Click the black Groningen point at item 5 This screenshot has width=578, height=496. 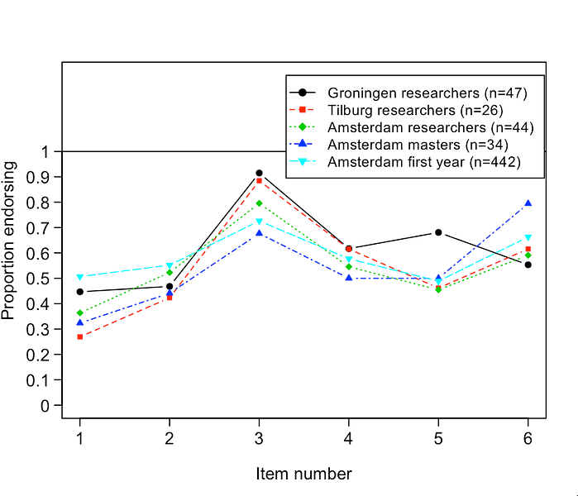(x=438, y=232)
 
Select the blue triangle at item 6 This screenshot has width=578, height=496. (x=528, y=203)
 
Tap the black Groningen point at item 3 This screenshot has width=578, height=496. (x=259, y=173)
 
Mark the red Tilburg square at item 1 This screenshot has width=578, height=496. (x=80, y=337)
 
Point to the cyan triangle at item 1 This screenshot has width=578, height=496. (x=80, y=278)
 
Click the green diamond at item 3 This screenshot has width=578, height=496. (x=259, y=203)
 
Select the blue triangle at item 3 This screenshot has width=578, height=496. (x=259, y=233)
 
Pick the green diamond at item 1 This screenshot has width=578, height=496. (x=80, y=313)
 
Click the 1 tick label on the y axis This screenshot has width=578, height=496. (x=45, y=151)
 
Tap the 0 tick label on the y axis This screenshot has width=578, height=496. (x=45, y=406)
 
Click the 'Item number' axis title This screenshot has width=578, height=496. (x=303, y=474)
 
